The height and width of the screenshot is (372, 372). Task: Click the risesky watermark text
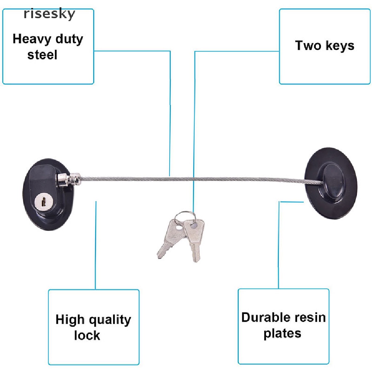(x=49, y=14)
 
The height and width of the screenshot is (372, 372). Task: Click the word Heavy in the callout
(x=32, y=39)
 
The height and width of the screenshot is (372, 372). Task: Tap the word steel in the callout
(x=42, y=55)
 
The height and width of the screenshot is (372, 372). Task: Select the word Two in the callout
(x=308, y=45)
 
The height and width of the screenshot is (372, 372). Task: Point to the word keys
(x=340, y=46)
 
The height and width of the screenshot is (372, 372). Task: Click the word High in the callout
(x=70, y=319)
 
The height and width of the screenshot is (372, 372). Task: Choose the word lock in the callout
(x=87, y=335)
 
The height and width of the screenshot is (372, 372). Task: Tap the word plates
(x=282, y=334)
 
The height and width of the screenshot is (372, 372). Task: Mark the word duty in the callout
(x=69, y=39)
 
